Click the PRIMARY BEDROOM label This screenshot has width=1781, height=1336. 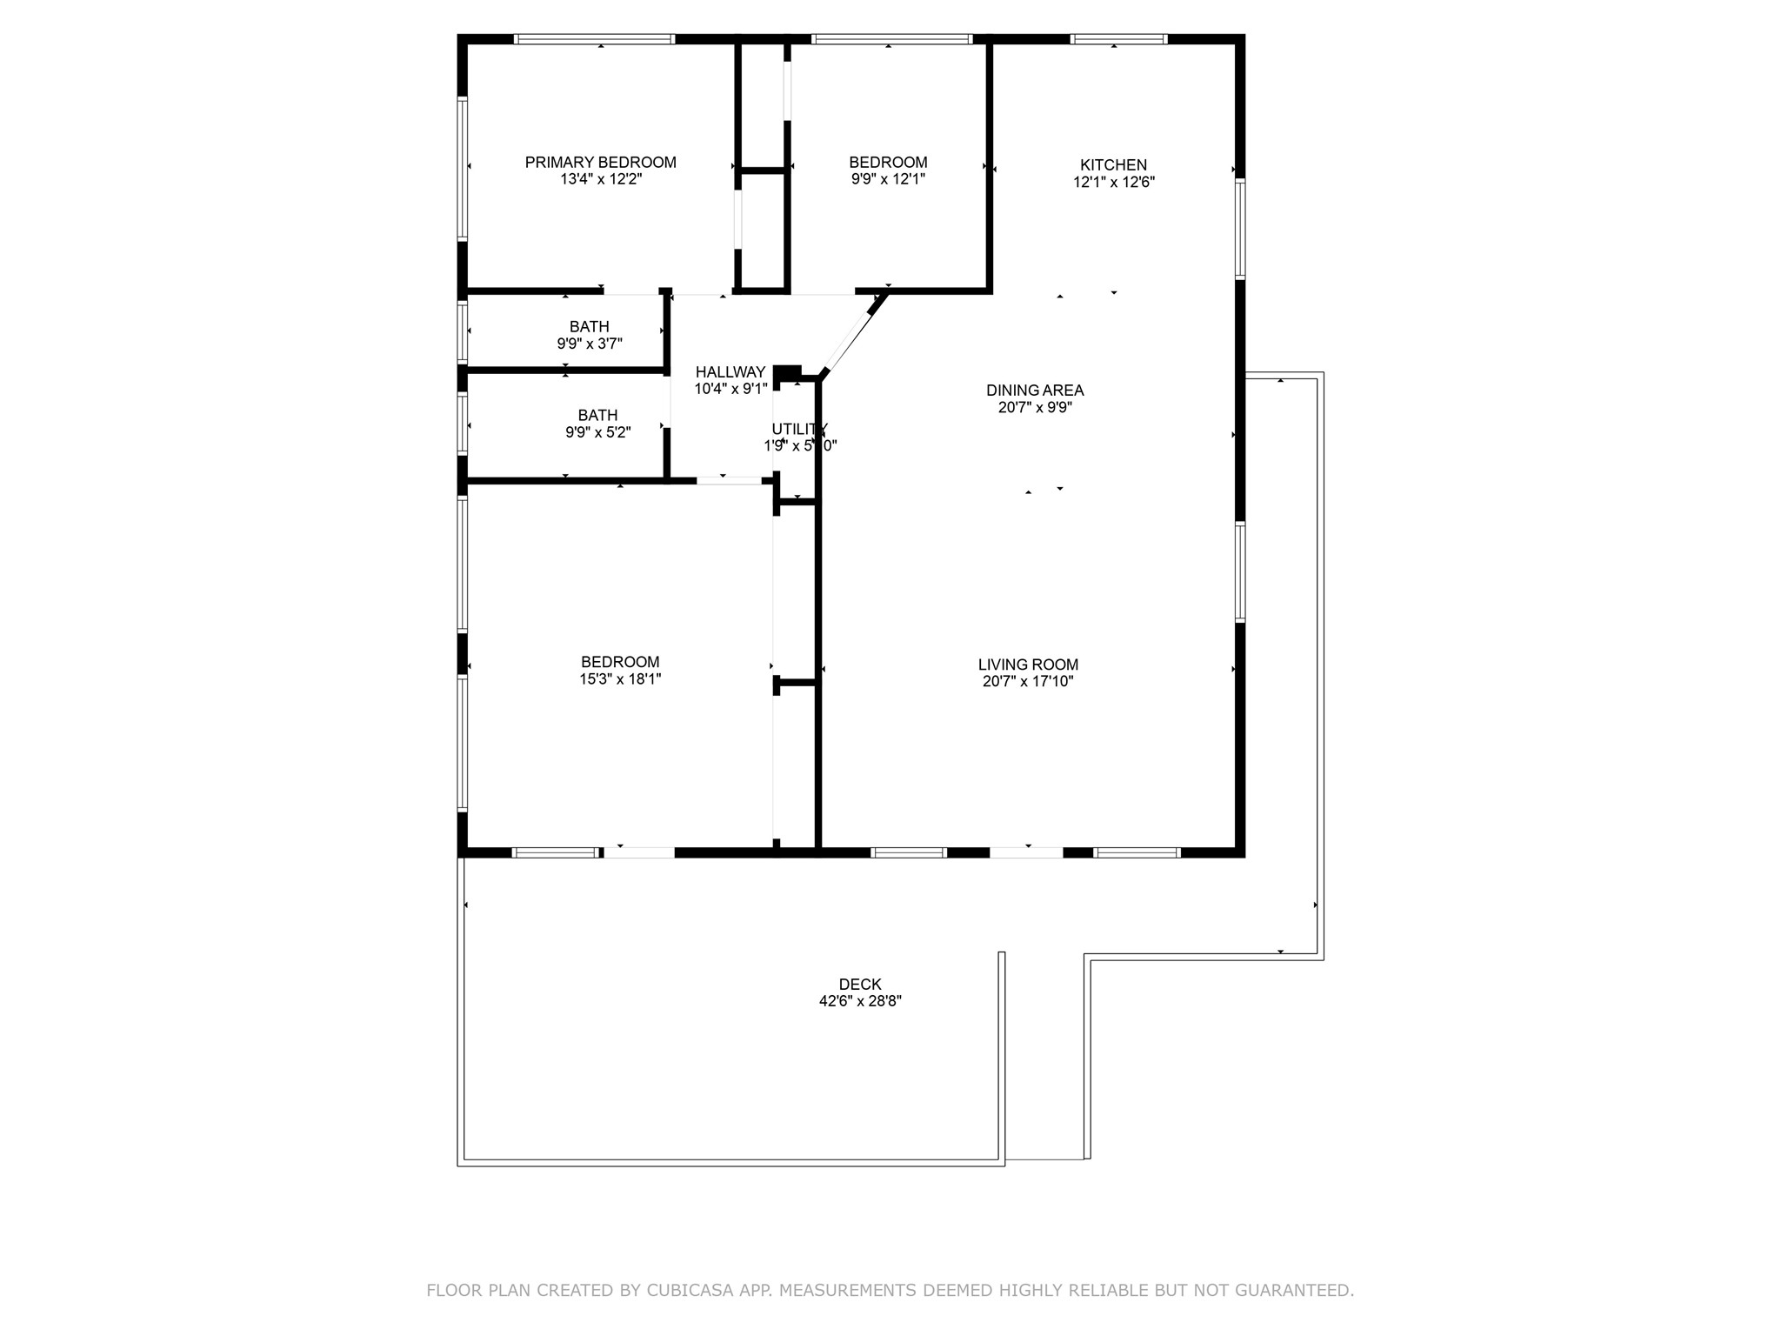600,162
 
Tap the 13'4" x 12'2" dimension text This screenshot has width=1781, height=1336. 600,179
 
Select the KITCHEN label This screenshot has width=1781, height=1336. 1113,164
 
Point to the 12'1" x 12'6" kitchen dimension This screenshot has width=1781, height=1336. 1113,182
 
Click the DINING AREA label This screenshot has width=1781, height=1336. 1035,391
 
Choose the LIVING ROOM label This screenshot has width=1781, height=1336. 1028,665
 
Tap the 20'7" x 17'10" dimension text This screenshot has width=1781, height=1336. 1028,682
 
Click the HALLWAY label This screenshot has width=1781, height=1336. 730,372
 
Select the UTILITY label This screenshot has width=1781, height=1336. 799,429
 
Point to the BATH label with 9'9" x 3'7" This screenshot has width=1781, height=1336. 589,327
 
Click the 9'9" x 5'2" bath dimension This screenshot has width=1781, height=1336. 597,432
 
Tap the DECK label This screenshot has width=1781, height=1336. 860,984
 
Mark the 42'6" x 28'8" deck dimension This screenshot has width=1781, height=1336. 860,1001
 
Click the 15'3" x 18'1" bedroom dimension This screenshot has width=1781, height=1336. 620,679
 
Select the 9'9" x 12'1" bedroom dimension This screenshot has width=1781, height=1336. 888,179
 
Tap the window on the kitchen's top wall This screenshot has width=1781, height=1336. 1117,39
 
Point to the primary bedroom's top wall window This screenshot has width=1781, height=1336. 594,39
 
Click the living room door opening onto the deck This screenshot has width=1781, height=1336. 1026,852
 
